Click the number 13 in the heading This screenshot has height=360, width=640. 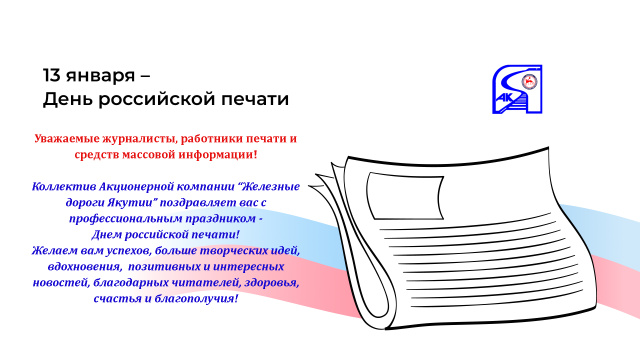tap(51, 75)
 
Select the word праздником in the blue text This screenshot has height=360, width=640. tap(207, 217)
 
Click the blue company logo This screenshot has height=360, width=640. tap(518, 88)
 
